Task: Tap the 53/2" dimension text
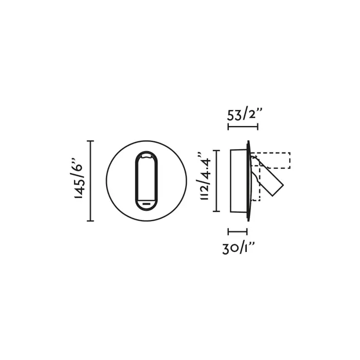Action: (245, 114)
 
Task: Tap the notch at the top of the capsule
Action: (147, 155)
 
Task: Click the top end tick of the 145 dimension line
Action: (91, 141)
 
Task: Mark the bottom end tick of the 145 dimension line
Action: (91, 221)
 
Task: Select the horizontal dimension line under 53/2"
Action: (243, 127)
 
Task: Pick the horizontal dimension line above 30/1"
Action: (238, 231)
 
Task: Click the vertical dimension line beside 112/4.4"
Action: (217, 181)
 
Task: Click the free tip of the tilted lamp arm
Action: (278, 190)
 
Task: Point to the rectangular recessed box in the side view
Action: (239, 181)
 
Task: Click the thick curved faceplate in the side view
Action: (249, 181)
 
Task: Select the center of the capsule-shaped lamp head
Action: (147, 181)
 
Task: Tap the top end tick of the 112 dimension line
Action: (217, 151)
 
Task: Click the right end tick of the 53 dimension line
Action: (258, 127)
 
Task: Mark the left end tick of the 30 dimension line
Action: (228, 231)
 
